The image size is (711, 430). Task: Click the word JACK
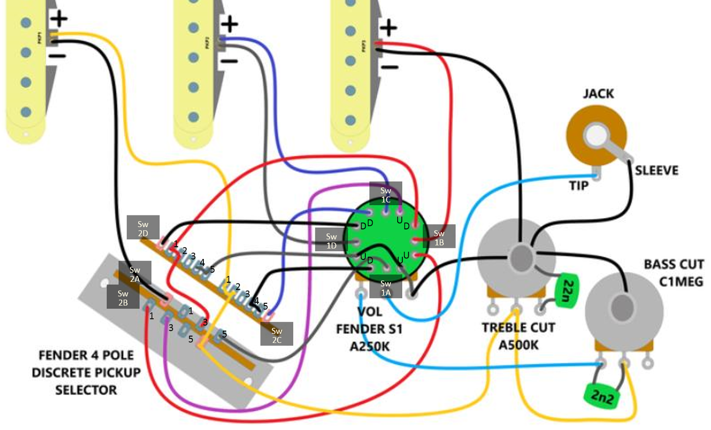pos(598,94)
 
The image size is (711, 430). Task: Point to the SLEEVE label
pos(657,169)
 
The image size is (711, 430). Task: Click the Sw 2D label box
pos(143,227)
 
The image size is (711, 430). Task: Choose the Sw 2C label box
pos(277,334)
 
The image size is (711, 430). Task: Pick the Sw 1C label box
pos(386,194)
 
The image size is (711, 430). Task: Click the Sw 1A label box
pos(386,287)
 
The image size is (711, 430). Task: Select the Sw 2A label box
pos(134,273)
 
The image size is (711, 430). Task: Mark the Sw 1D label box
pos(332,240)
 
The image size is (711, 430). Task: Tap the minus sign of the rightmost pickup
pos(389,67)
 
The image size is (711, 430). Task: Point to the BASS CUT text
pos(673,264)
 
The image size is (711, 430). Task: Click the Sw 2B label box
pos(123,297)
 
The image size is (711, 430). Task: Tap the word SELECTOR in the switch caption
pos(86,390)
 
